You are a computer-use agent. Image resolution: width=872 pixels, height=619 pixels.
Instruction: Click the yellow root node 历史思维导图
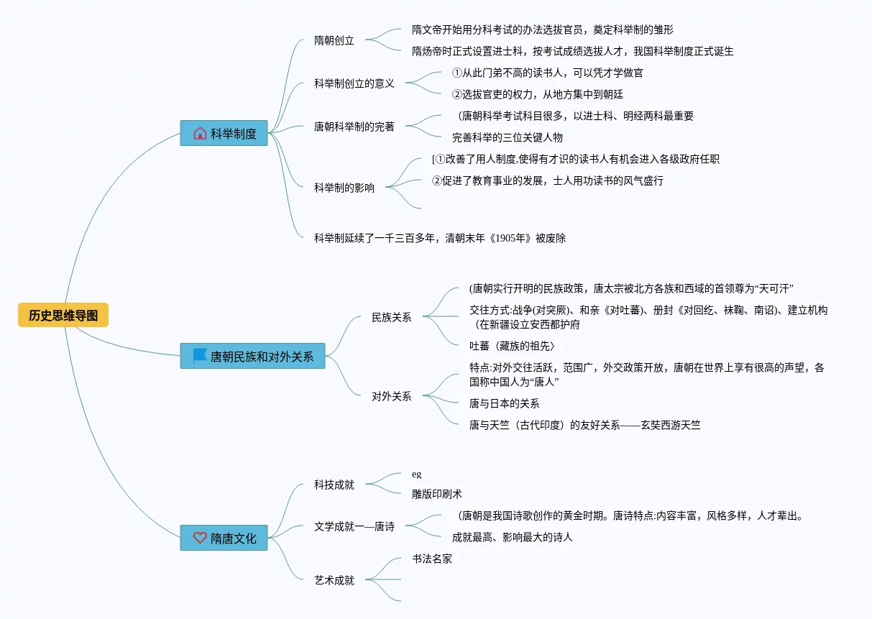[63, 315]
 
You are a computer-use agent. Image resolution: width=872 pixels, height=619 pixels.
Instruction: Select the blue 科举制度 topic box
[224, 133]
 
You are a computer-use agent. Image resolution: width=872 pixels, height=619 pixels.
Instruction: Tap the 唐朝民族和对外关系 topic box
[252, 356]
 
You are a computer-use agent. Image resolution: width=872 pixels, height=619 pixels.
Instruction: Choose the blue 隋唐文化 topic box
[224, 538]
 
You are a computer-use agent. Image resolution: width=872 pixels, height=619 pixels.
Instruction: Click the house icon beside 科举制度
[200, 133]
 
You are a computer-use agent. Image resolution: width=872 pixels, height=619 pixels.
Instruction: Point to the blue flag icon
[200, 355]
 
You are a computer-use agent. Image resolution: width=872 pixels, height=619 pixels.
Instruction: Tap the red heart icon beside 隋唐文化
[200, 537]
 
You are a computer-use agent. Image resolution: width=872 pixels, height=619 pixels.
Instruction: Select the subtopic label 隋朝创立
[334, 40]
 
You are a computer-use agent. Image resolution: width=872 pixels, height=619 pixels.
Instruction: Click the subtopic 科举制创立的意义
[354, 83]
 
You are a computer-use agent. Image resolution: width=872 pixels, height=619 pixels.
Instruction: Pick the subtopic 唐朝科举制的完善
[354, 127]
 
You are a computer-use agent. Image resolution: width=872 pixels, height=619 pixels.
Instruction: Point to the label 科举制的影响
[344, 188]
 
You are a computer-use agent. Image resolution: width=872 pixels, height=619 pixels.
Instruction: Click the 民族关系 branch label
[392, 317]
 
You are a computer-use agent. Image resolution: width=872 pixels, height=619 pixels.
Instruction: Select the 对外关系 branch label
[392, 396]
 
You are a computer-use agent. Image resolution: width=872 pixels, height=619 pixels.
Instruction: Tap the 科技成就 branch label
[334, 485]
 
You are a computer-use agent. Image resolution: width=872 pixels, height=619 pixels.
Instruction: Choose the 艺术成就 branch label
[334, 580]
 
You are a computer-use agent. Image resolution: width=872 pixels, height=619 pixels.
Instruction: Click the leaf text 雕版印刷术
[437, 494]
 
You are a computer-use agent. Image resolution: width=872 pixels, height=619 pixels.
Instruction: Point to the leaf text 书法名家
[432, 559]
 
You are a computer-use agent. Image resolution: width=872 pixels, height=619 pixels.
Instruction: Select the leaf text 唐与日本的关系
[505, 403]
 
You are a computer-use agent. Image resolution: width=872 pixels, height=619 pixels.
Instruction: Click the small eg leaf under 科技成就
[417, 474]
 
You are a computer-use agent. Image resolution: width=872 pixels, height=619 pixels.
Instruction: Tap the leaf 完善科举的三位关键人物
[508, 137]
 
